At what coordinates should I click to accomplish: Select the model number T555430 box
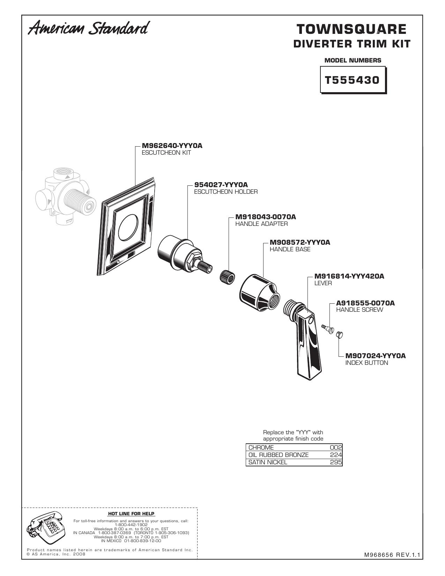(x=353, y=80)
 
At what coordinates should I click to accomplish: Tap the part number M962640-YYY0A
(x=172, y=146)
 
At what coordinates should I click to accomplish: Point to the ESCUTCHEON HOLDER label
(x=226, y=192)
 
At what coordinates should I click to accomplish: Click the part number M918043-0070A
(x=266, y=217)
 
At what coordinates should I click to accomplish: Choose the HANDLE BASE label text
(x=290, y=249)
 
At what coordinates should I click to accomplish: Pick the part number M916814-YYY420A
(x=349, y=276)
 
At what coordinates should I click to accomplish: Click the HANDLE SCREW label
(x=359, y=310)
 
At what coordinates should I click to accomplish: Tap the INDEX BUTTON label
(x=366, y=363)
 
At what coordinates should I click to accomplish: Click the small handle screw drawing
(x=328, y=329)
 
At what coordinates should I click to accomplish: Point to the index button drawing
(x=340, y=335)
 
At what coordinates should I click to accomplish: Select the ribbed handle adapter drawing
(x=228, y=277)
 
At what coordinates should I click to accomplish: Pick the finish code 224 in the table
(x=336, y=455)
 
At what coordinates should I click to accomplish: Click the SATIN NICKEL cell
(x=268, y=462)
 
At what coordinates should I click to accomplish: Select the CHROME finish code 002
(x=336, y=448)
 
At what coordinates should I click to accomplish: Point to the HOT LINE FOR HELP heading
(x=131, y=514)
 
